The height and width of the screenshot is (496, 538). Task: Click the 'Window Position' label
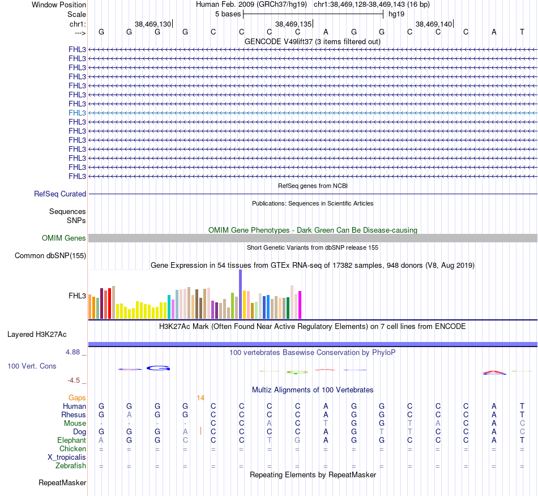(59, 5)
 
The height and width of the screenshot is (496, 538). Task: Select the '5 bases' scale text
(228, 14)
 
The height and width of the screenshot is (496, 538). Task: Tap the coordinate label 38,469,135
(293, 24)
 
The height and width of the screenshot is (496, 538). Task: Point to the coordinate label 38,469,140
(434, 24)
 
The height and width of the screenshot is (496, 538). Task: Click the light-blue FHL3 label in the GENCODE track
(77, 113)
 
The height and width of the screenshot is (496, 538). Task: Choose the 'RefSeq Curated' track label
(60, 194)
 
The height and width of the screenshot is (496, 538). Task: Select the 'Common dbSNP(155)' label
(50, 255)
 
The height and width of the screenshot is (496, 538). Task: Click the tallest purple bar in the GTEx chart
(241, 294)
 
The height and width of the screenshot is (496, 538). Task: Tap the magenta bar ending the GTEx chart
(300, 305)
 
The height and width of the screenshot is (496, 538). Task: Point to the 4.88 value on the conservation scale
(74, 352)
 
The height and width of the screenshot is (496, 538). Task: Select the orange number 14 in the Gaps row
(200, 398)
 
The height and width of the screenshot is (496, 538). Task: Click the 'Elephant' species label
(71, 440)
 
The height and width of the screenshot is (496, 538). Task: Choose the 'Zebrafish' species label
(71, 465)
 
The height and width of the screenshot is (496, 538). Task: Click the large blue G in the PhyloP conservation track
(159, 368)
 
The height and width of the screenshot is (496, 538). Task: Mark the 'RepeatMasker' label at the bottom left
(62, 483)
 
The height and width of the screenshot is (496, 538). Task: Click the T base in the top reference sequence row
(522, 32)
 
